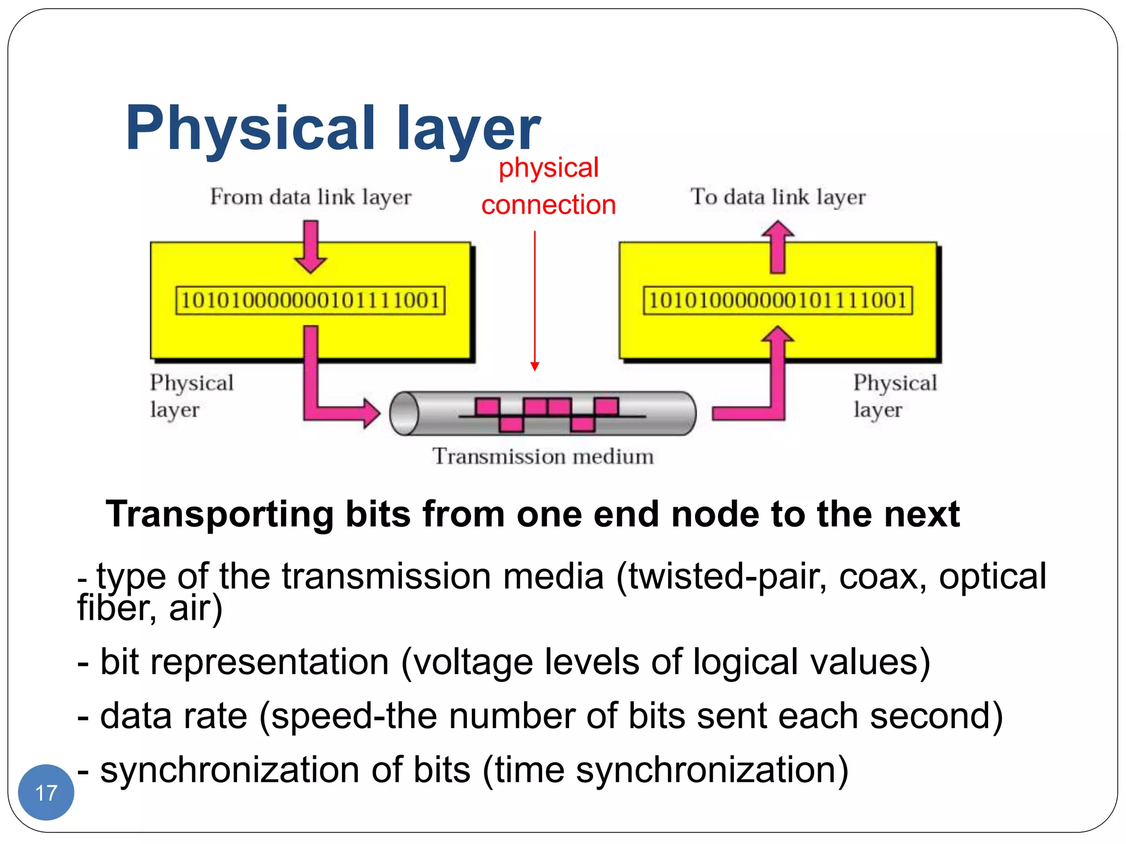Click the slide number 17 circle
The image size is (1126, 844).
[46, 792]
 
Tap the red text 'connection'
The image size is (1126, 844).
[548, 205]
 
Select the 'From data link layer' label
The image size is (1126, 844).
[311, 197]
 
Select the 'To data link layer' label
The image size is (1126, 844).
[777, 197]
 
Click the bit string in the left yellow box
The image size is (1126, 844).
[311, 301]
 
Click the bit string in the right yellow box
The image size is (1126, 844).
[777, 301]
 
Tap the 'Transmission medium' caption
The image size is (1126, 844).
[543, 457]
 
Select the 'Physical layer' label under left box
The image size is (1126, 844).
[191, 396]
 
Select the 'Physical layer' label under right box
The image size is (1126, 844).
[895, 396]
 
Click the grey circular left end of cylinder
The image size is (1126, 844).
[404, 413]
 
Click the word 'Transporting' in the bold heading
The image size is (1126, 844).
[219, 515]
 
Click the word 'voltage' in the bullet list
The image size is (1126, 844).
[473, 662]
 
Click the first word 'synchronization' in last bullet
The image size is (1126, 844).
[230, 770]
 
